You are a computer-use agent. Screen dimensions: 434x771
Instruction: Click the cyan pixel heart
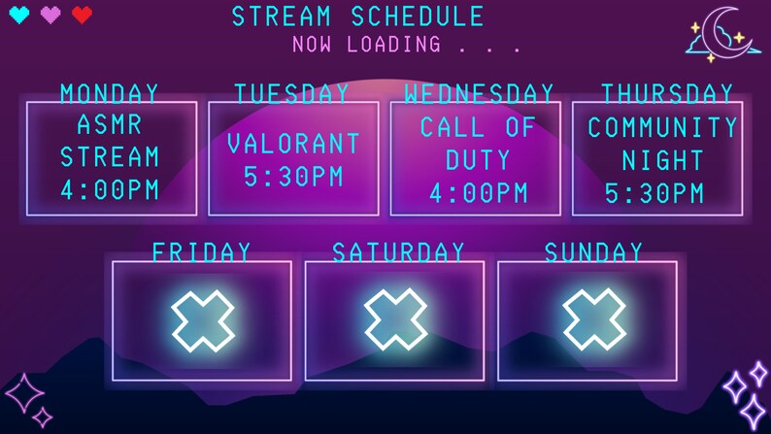(19, 15)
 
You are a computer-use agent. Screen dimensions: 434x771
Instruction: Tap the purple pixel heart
(50, 15)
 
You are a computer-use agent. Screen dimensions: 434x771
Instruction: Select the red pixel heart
(82, 15)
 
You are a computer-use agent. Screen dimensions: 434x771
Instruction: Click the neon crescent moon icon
(725, 34)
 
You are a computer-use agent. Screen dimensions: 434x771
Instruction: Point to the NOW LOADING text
(367, 44)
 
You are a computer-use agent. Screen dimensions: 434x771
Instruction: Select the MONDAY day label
(110, 93)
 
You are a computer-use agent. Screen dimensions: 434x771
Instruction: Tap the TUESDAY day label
(291, 93)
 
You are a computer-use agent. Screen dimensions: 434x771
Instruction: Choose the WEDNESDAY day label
(479, 93)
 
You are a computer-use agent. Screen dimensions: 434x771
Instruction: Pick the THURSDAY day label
(667, 93)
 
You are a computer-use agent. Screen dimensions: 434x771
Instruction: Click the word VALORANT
(293, 144)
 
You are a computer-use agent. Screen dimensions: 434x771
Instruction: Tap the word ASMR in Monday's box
(109, 125)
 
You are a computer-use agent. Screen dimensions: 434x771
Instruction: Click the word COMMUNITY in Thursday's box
(663, 127)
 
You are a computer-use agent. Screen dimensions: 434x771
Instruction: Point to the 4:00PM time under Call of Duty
(479, 192)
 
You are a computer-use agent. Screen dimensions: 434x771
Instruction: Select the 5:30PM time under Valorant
(293, 177)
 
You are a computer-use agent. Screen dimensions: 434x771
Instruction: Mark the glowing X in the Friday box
(203, 321)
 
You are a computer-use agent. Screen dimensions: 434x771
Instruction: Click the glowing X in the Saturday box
(396, 321)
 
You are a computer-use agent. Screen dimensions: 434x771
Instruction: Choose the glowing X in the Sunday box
(593, 321)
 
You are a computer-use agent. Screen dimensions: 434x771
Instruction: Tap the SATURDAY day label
(398, 252)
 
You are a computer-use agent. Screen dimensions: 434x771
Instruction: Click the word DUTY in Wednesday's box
(479, 159)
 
